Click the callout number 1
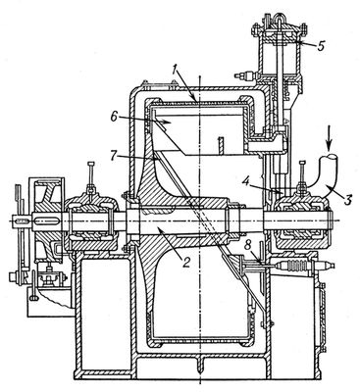pos(176,70)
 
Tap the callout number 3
pos(348,199)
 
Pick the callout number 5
pos(321,45)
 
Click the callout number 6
pos(114,117)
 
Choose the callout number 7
pos(114,156)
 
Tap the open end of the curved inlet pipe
pos(329,158)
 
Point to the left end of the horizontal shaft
pos(12,221)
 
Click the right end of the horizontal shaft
pos(333,220)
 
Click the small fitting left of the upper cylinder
pos(244,75)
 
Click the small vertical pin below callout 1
pos(221,145)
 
